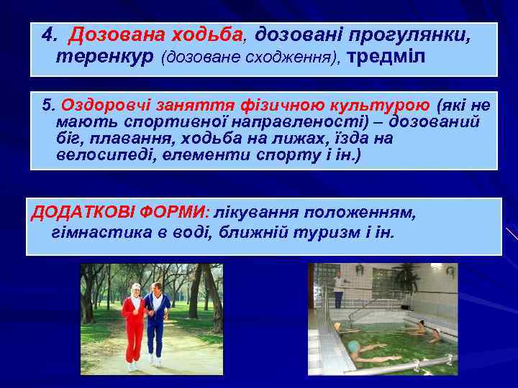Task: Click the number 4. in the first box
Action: pyautogui.click(x=49, y=34)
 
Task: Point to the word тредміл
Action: pyautogui.click(x=386, y=57)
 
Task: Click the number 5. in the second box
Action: pyautogui.click(x=48, y=106)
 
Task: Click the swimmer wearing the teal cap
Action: pyautogui.click(x=357, y=349)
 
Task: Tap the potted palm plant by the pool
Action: pyautogui.click(x=407, y=277)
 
